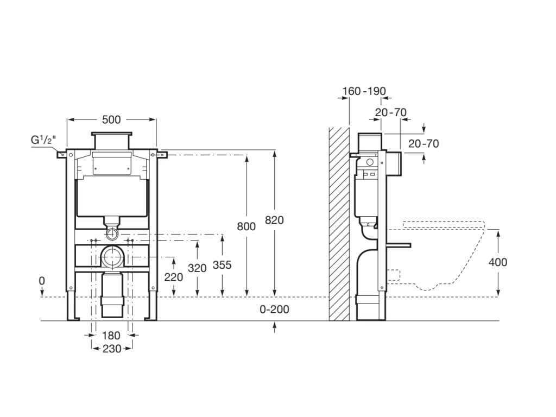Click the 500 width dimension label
111,120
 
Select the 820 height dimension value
274,220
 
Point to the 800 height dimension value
247,226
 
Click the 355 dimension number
222,265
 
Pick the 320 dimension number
197,268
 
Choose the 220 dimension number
174,277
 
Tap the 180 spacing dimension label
111,335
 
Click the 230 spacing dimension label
112,349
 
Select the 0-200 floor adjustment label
274,309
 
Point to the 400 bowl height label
498,262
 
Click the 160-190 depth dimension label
364,91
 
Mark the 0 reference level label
42,281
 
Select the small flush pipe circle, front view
112,234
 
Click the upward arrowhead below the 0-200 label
274,325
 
